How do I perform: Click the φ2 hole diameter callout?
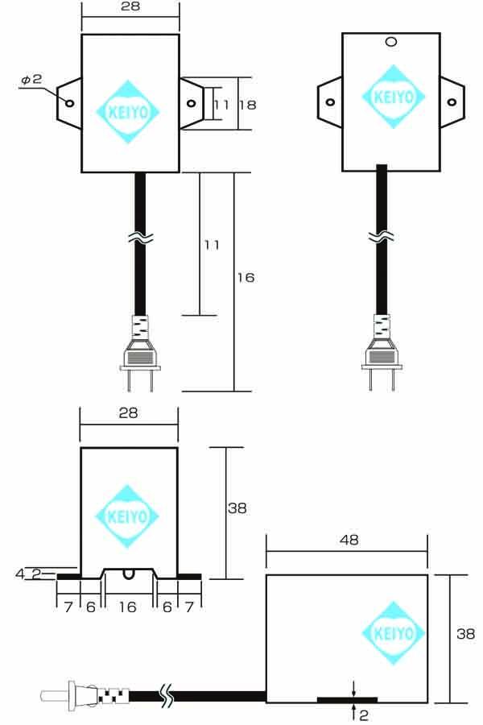tap(32, 80)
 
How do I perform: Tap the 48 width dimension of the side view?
tap(349, 540)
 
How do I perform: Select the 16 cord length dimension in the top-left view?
tap(246, 277)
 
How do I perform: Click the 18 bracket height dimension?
tap(248, 105)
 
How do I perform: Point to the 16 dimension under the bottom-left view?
tap(127, 607)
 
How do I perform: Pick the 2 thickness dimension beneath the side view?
tap(364, 715)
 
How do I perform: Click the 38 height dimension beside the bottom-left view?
tap(237, 508)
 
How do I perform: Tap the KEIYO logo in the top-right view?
tap(394, 97)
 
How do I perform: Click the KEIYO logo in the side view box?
tap(394, 633)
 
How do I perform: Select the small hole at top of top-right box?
tap(391, 42)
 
